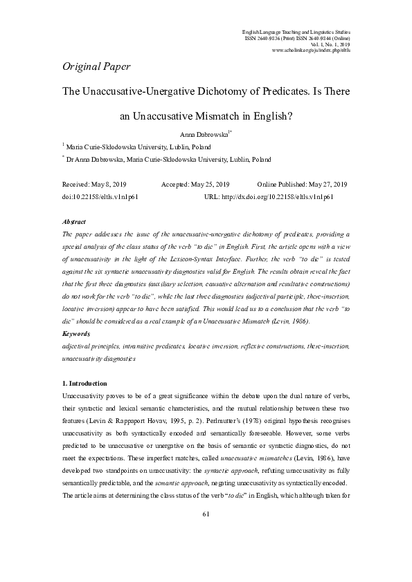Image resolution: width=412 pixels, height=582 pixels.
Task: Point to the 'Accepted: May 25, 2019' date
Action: tap(195, 185)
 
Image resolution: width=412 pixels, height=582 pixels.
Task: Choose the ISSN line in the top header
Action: tap(298, 38)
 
